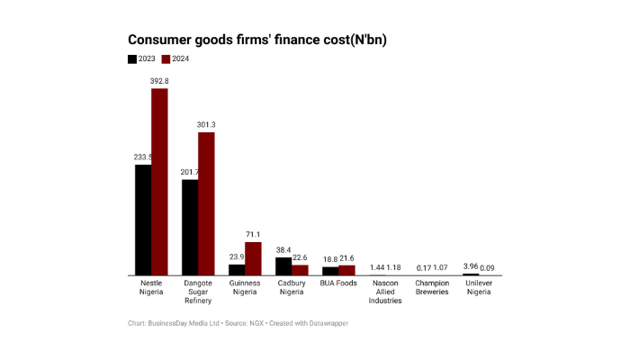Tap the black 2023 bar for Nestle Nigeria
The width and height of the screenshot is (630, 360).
coord(143,220)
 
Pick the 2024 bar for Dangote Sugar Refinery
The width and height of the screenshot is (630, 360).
coord(206,203)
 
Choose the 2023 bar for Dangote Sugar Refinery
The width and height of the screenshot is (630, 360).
coord(190,228)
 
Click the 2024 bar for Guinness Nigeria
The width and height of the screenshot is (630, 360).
coord(253,258)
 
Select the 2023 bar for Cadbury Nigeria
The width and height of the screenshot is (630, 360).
coord(283,266)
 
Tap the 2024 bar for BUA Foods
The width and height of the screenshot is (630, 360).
coord(346,270)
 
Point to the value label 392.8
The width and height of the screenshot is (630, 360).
coord(159,81)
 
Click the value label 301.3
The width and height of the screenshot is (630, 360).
coord(206,125)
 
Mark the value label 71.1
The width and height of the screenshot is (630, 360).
coord(253,235)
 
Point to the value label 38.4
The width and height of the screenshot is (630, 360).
coord(283,250)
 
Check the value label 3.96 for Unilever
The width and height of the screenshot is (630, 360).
coord(471,266)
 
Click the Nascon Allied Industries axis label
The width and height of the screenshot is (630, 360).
coord(385,292)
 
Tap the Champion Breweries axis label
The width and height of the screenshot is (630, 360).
coord(432,287)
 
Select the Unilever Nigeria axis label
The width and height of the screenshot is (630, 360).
coord(479,287)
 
